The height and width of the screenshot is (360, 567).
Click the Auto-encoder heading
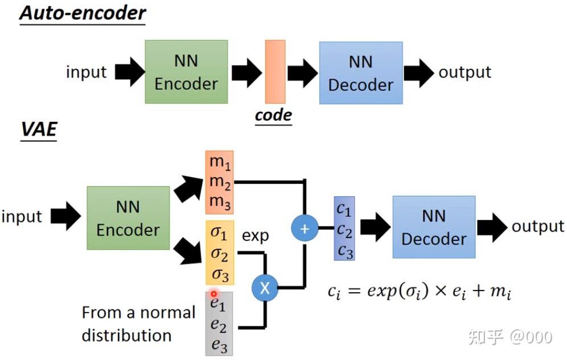tap(83, 13)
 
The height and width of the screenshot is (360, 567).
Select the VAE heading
tap(39, 129)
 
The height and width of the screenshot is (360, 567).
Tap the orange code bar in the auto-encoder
tap(275, 72)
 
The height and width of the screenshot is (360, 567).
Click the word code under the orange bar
tap(273, 116)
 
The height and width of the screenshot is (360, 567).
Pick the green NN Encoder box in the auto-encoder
tap(186, 72)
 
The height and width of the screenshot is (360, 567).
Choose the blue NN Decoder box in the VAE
tap(434, 227)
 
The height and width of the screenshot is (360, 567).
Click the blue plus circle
tap(305, 228)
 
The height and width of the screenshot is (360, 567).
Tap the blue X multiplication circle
tap(265, 288)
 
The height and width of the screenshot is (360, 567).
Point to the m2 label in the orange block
tap(220, 182)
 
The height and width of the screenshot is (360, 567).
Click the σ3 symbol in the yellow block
tap(220, 275)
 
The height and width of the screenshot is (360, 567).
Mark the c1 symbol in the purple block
tap(343, 209)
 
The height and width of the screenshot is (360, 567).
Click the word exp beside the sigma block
tap(255, 236)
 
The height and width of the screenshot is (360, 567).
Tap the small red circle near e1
tap(213, 294)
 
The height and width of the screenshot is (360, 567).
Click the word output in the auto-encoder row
tap(465, 72)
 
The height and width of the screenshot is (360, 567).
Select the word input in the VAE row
tap(22, 216)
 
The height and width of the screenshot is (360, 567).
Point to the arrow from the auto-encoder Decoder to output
tap(419, 73)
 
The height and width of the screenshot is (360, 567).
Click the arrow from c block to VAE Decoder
tap(375, 227)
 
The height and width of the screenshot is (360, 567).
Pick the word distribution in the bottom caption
tap(126, 336)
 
